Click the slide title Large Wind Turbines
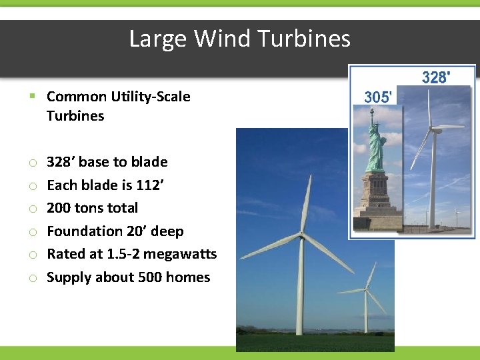coord(239,39)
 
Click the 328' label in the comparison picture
coord(435,78)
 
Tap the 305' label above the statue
coord(377,97)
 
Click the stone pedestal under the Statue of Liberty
coord(375,197)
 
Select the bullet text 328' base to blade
coord(107,162)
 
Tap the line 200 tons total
coord(92,208)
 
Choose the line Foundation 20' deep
coord(115,231)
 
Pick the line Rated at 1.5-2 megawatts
coord(131,254)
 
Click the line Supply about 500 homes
coord(128,277)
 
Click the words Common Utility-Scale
coord(118,97)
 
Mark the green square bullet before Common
coord(32,97)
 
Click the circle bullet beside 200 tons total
coord(32,209)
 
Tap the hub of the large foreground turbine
coord(302,236)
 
